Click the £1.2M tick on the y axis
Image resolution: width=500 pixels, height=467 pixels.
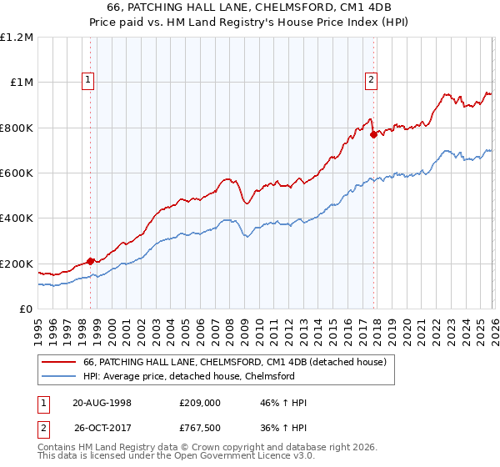click(17, 38)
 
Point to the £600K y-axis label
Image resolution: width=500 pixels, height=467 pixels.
click(17, 173)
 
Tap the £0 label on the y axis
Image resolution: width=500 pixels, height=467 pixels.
click(25, 309)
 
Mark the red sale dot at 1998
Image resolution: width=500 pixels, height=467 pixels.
click(91, 262)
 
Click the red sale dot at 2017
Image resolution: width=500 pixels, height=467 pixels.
click(373, 135)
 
